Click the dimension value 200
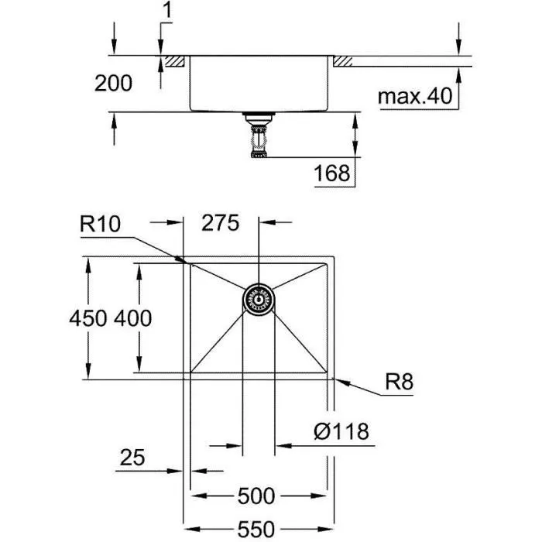[113, 82]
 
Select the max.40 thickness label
[415, 97]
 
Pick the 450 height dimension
[87, 317]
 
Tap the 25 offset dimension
[132, 458]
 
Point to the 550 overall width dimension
[256, 529]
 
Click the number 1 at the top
[168, 12]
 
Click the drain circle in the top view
[258, 298]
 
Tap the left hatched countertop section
[175, 60]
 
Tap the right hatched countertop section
[345, 60]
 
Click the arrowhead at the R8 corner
[338, 380]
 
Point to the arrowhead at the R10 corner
[186, 261]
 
